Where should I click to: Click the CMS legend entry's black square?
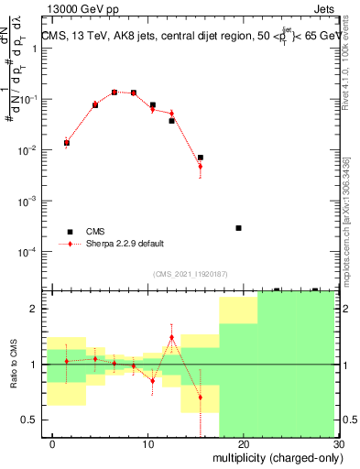[70, 232]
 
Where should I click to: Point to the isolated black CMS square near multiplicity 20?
[238, 228]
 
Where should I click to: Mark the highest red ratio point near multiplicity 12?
[171, 337]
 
